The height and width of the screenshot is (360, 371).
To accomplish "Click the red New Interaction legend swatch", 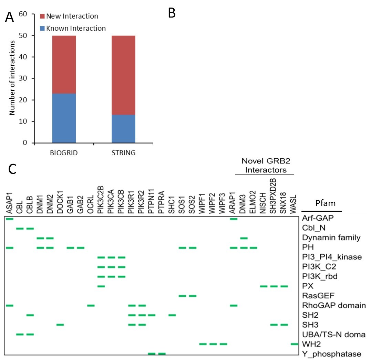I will coord(42,16).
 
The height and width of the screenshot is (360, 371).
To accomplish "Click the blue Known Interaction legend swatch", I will coord(42,28).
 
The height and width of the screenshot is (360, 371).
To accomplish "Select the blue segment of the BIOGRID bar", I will coord(64,118).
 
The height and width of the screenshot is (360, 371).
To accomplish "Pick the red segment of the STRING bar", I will coord(123,75).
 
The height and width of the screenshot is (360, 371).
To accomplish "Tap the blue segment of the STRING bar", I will coord(123,129).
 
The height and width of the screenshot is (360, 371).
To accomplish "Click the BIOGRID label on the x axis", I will coord(64,153).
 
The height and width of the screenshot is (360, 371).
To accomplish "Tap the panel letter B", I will coord(172,13).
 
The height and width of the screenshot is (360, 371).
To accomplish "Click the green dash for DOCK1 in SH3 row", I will coord(60,325).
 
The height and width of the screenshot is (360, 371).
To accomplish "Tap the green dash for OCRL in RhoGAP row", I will coord(91,305).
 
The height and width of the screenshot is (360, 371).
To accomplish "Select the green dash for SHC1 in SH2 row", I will coord(172,315).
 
